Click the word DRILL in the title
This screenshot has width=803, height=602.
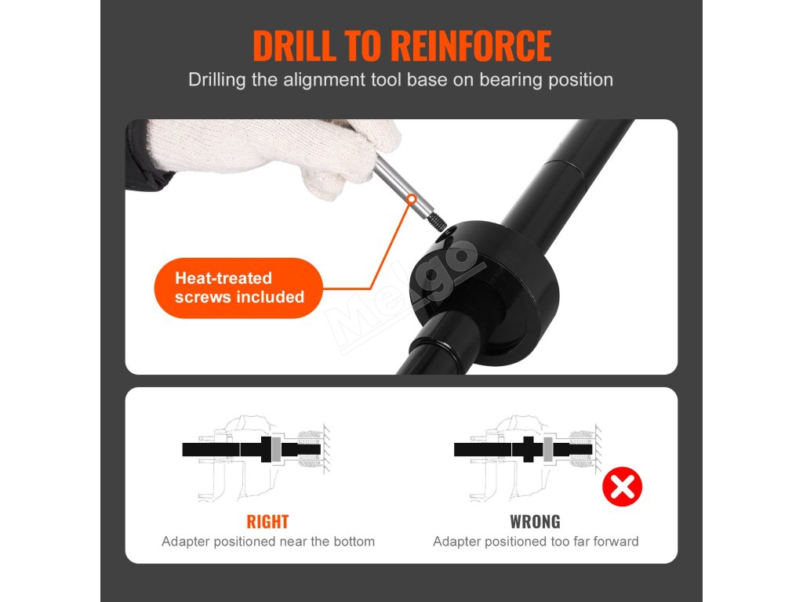[x=295, y=46]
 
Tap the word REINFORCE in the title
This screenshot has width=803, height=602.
[x=471, y=46]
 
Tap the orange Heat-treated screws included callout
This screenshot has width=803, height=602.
[x=238, y=288]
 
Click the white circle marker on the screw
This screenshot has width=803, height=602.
[x=411, y=198]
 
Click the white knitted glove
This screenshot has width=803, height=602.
[x=271, y=151]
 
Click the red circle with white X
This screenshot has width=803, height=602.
[x=622, y=486]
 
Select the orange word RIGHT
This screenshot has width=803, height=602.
[x=268, y=521]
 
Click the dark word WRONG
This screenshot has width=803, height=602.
[x=535, y=521]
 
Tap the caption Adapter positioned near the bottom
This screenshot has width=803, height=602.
[x=268, y=542]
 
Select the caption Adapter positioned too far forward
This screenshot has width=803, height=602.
[x=536, y=542]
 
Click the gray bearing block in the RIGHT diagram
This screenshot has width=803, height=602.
[x=277, y=449]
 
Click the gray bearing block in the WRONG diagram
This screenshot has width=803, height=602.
[x=548, y=449]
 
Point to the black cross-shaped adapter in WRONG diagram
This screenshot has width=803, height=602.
[x=528, y=449]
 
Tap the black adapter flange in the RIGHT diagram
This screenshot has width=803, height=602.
[x=266, y=449]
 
